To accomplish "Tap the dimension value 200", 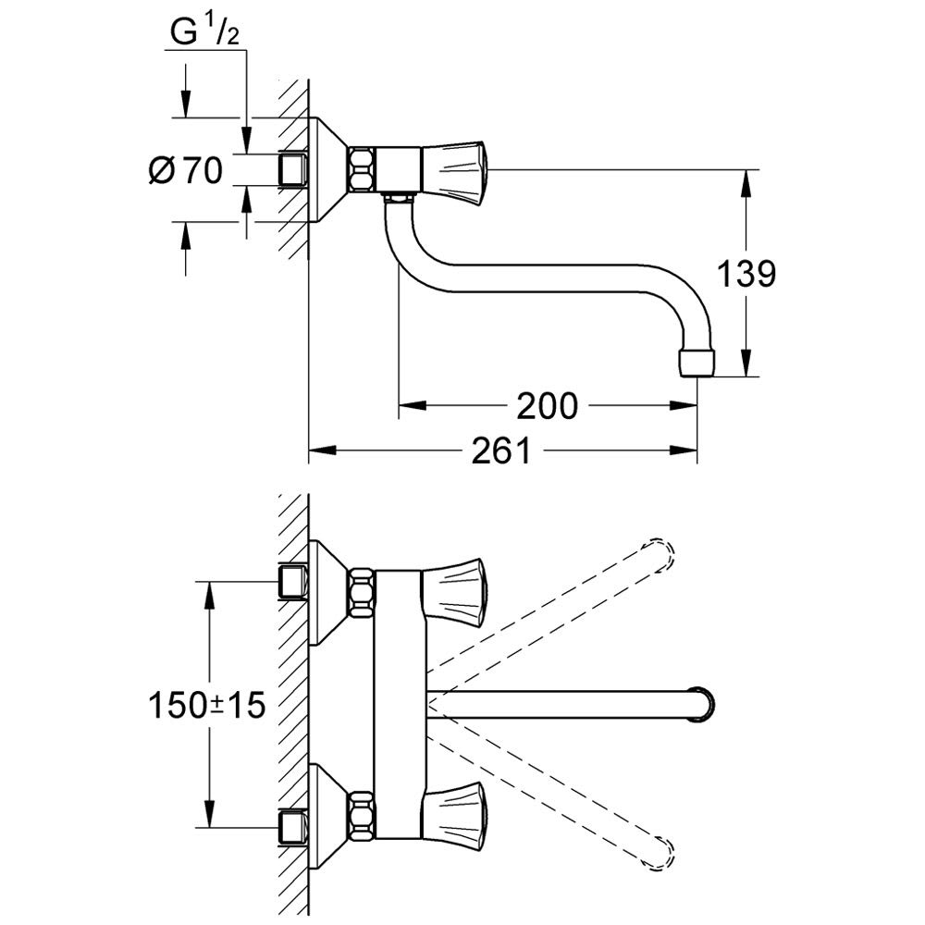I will coord(547,406).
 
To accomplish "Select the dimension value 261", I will coord(501,451).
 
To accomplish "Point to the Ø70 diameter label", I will coord(186,170).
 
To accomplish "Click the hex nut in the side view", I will coord(361,169).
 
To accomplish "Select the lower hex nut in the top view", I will coord(360,811).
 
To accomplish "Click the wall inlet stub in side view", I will coord(292,169).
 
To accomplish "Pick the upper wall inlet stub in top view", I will coord(292,582).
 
